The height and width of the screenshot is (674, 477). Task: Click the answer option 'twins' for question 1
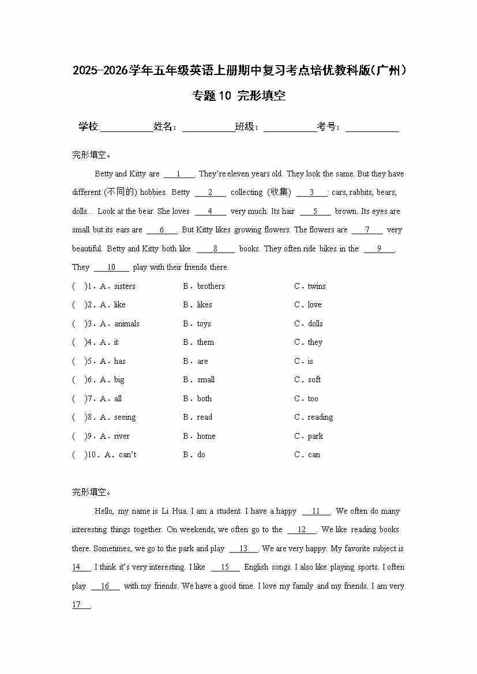[x=317, y=286]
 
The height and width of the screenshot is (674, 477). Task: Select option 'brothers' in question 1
[x=211, y=286]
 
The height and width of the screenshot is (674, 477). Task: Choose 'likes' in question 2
[x=204, y=304]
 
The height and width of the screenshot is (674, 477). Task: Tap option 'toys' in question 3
[x=204, y=323]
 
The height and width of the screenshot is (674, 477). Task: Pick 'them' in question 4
[x=205, y=342]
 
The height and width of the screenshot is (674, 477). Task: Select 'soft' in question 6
[x=314, y=379]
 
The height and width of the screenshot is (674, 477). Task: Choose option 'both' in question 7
[x=204, y=398]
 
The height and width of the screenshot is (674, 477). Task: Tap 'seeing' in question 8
[x=125, y=417]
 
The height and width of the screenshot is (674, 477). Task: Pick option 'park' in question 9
[x=316, y=436]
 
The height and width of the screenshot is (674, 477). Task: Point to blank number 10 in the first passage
[x=111, y=268]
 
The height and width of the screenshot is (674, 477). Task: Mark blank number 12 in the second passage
[x=302, y=530]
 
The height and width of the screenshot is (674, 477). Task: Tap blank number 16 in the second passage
[x=104, y=586]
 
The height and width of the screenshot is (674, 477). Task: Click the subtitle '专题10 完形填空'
[x=239, y=96]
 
